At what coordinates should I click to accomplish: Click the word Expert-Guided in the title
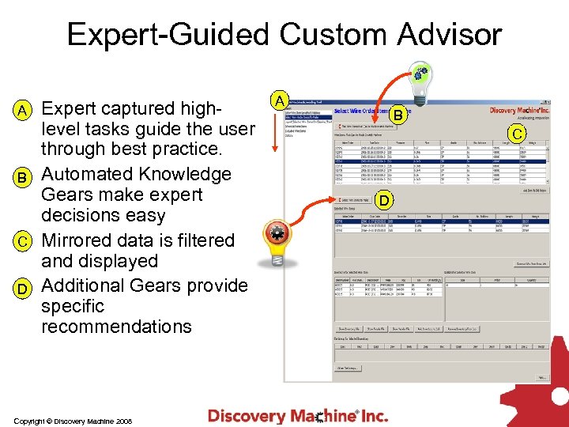167,35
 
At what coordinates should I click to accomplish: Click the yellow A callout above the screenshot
279,100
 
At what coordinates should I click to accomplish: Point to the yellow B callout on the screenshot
399,115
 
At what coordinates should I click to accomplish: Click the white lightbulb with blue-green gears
421,82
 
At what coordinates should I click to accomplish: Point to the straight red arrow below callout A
274,131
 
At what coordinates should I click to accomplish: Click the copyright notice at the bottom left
72,421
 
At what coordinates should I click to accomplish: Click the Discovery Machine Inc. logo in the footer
298,414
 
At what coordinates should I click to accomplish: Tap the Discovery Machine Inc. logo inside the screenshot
519,111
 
